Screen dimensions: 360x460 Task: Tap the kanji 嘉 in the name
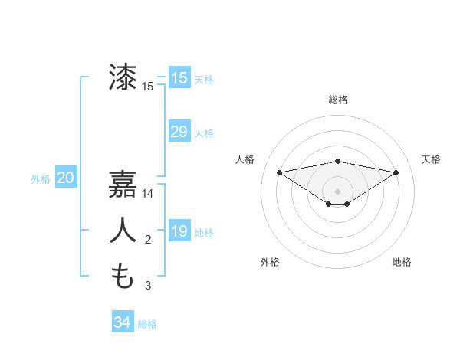123,184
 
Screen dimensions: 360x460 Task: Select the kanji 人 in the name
123,230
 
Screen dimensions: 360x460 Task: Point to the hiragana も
123,276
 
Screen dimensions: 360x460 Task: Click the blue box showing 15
179,78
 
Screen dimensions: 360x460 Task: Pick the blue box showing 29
179,132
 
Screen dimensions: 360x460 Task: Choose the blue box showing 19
179,231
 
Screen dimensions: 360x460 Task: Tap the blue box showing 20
66,178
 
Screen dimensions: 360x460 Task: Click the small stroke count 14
148,195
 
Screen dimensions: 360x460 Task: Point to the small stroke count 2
148,241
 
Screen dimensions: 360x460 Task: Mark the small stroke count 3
148,286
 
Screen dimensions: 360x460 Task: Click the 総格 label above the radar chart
338,100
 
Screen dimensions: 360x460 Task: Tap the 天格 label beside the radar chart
432,159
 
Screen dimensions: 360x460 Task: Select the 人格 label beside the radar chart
245,159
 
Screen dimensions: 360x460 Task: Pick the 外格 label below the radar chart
270,262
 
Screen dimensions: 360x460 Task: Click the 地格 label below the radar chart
402,262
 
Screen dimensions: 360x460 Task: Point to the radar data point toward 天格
396,172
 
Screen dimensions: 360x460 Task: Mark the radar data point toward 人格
279,172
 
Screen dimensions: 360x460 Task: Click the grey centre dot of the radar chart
338,191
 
